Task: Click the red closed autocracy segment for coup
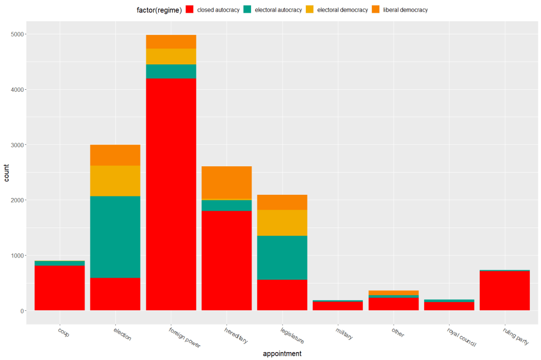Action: point(60,288)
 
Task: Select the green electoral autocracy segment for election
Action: point(115,236)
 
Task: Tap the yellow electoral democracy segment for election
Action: point(115,181)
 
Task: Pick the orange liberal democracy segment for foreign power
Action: point(171,42)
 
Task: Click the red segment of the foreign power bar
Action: point(171,194)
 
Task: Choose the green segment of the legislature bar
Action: point(282,257)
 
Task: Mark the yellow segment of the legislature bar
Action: point(282,222)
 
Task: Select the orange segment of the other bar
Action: point(394,292)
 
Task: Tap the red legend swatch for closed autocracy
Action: point(190,10)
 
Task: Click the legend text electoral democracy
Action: point(342,10)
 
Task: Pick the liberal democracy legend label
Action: point(405,10)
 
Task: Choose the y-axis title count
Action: point(7,173)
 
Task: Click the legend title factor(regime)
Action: point(159,10)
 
